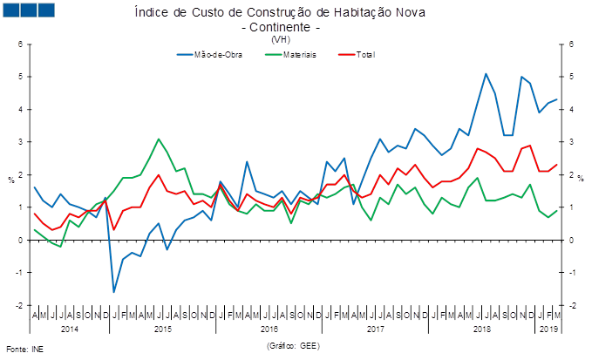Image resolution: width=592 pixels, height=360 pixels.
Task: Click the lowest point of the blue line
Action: click(113, 291)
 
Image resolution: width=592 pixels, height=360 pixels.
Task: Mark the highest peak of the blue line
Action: click(486, 73)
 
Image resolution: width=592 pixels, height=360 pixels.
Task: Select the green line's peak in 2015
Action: click(159, 139)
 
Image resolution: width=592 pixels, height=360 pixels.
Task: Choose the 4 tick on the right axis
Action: click(572, 109)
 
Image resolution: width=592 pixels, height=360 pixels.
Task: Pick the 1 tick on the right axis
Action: click(572, 207)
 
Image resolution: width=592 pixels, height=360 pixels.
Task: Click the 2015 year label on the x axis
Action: click(163, 330)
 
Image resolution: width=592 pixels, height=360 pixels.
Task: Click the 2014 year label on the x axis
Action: click(70, 330)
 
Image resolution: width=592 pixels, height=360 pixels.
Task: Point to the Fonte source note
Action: click(24, 348)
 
